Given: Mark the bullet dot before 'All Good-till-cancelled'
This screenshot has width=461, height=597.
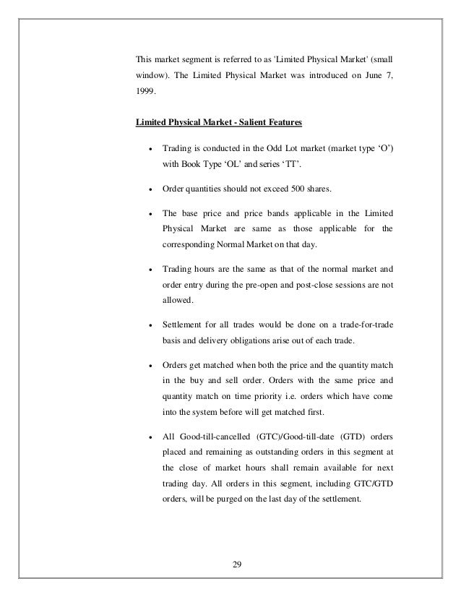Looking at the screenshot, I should click(x=149, y=439).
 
